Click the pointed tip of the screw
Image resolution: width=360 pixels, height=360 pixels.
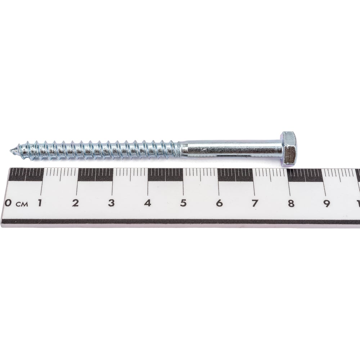tap(10, 151)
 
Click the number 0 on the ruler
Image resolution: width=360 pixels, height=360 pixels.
tap(8, 203)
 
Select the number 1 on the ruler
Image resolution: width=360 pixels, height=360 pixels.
tap(40, 203)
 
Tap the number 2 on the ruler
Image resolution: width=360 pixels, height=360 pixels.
tap(75, 203)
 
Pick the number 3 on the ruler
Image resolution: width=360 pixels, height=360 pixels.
tap(111, 203)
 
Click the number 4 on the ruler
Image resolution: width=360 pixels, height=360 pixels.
tap(147, 203)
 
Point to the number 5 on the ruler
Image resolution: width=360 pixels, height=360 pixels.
tap(183, 203)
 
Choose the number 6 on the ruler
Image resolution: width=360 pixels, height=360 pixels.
tap(219, 203)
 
